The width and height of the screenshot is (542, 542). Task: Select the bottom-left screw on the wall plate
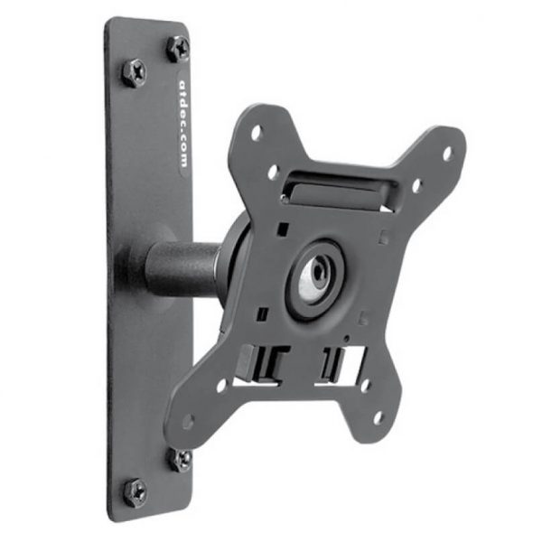pos(135,491)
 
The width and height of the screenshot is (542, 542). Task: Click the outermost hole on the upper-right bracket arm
pos(446,154)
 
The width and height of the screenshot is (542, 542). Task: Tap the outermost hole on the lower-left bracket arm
pos(188,421)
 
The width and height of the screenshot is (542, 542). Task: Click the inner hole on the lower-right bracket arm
pos(365,384)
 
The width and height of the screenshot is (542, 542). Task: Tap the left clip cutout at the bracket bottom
pos(262,363)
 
